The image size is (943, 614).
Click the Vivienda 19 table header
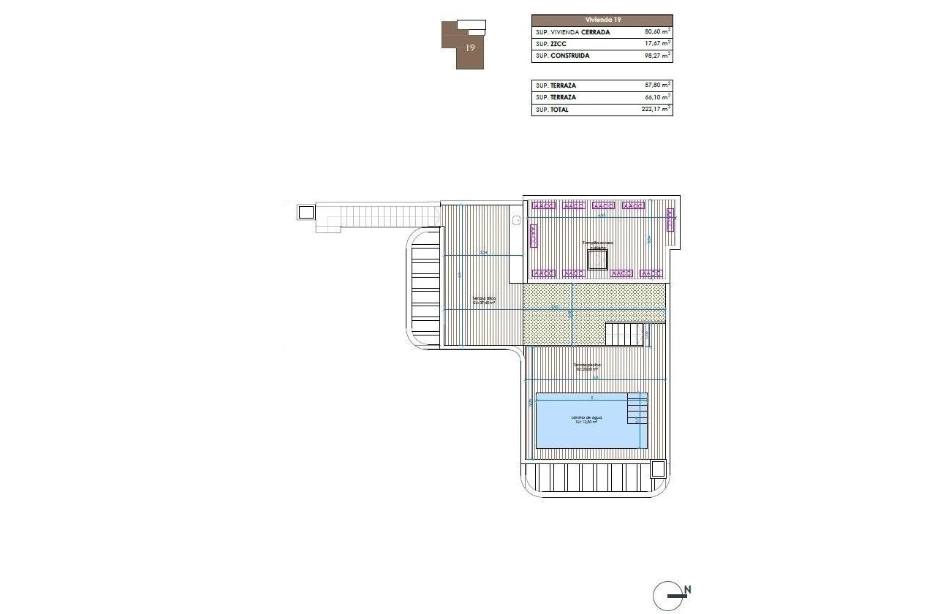click(x=602, y=20)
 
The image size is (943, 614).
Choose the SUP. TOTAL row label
click(x=552, y=110)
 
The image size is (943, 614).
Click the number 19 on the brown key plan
click(x=470, y=48)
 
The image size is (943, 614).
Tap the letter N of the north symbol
click(x=688, y=589)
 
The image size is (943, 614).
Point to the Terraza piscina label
click(x=587, y=366)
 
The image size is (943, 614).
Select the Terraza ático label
click(x=484, y=300)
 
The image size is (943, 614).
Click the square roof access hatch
click(x=598, y=260)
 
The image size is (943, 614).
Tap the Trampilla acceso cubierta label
click(x=598, y=244)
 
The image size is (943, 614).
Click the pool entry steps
click(x=637, y=409)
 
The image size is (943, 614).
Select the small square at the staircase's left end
click(x=306, y=212)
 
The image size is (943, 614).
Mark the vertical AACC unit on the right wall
click(x=670, y=219)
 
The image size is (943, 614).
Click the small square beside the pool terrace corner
click(x=658, y=468)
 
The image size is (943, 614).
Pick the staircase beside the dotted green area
click(x=625, y=334)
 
